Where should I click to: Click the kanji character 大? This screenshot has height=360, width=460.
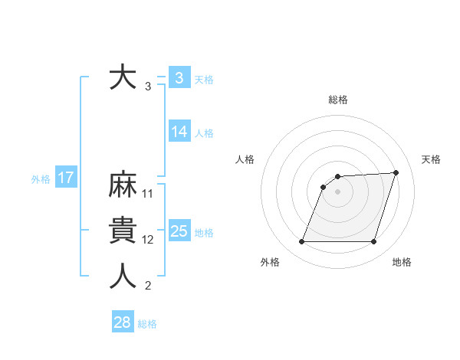click(123, 78)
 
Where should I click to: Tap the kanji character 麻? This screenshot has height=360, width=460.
click(123, 186)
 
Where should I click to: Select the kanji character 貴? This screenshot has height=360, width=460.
click(123, 231)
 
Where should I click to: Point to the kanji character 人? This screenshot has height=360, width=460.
click(123, 277)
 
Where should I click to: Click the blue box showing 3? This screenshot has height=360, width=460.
click(179, 78)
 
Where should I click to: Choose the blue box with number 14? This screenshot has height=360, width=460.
click(179, 132)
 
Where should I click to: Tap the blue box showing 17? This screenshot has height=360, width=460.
click(65, 178)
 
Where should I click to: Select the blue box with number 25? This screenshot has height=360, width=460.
click(179, 231)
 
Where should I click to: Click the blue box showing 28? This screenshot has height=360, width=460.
click(122, 322)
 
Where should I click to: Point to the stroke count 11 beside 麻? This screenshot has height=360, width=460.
click(148, 194)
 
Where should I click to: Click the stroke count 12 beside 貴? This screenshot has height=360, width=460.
click(148, 240)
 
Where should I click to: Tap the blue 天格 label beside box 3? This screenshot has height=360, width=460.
click(204, 80)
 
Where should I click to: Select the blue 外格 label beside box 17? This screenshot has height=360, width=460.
click(41, 179)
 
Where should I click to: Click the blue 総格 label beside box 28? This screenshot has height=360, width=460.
click(147, 324)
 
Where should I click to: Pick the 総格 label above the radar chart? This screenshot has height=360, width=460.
click(338, 100)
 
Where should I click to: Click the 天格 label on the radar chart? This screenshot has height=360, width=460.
click(431, 159)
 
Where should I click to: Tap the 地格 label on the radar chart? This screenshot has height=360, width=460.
click(402, 263)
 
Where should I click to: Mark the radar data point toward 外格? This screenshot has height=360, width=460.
click(301, 242)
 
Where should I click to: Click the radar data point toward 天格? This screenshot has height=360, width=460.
click(396, 172)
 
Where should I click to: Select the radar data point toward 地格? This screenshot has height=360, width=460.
click(373, 242)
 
